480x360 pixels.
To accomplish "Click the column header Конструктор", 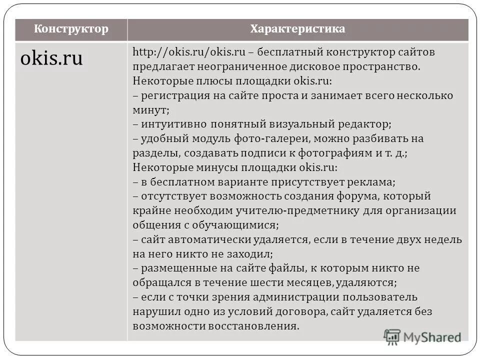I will click(71, 29).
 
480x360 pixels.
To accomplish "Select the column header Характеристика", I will click(297, 29).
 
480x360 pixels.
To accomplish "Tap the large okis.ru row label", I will click(51, 59).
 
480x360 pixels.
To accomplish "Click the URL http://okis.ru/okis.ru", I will click(188, 52).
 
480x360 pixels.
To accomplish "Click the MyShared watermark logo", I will click(422, 336).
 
